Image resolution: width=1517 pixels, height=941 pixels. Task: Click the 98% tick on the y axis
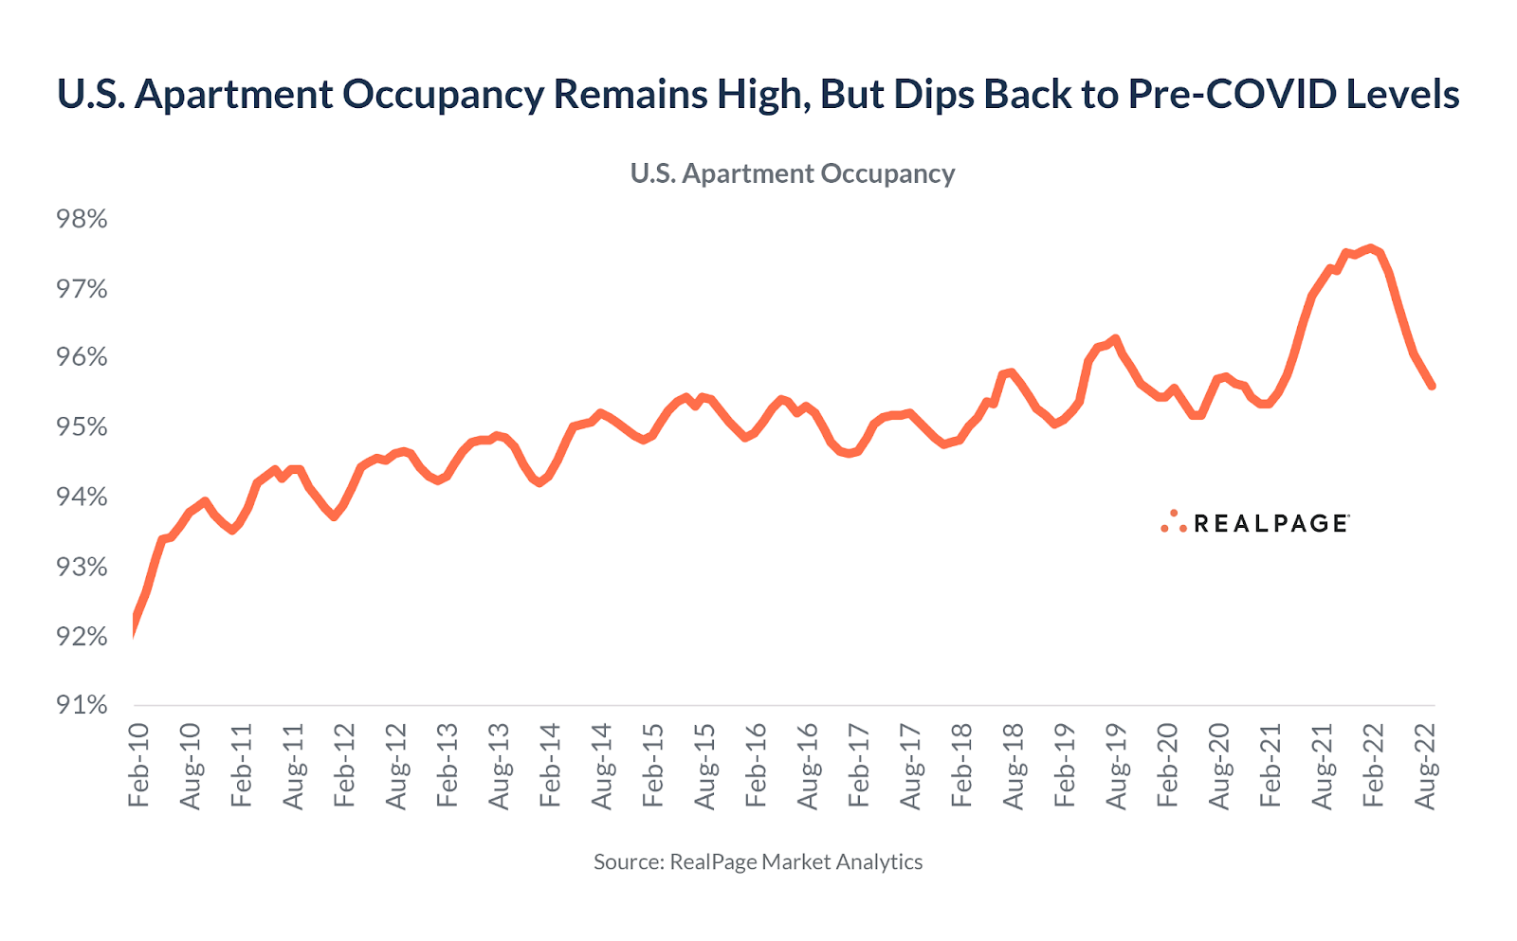tap(82, 219)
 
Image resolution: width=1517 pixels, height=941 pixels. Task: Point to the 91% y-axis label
tap(82, 705)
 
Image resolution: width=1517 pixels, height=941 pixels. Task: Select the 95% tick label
tap(82, 427)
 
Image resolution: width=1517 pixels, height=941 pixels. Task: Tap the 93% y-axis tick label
tap(82, 567)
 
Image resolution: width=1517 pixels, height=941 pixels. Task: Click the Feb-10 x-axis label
tap(138, 765)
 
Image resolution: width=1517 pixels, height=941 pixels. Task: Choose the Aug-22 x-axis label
tap(1425, 766)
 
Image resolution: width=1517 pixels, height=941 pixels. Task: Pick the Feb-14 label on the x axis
tap(550, 765)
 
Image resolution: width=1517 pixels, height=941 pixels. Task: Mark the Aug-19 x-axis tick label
tap(1117, 766)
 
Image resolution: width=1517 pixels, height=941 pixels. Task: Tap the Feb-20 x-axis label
tap(1167, 765)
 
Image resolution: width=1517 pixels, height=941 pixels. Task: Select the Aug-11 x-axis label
tap(293, 766)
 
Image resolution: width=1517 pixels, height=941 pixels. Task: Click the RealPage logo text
tap(1270, 524)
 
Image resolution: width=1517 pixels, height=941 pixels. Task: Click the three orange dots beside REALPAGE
tap(1174, 521)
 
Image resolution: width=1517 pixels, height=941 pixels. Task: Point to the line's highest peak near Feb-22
tap(1369, 248)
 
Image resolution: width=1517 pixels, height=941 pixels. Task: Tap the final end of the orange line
tap(1432, 386)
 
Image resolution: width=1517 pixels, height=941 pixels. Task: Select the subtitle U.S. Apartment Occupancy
tap(793, 174)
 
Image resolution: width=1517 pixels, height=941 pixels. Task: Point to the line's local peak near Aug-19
tap(1116, 338)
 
